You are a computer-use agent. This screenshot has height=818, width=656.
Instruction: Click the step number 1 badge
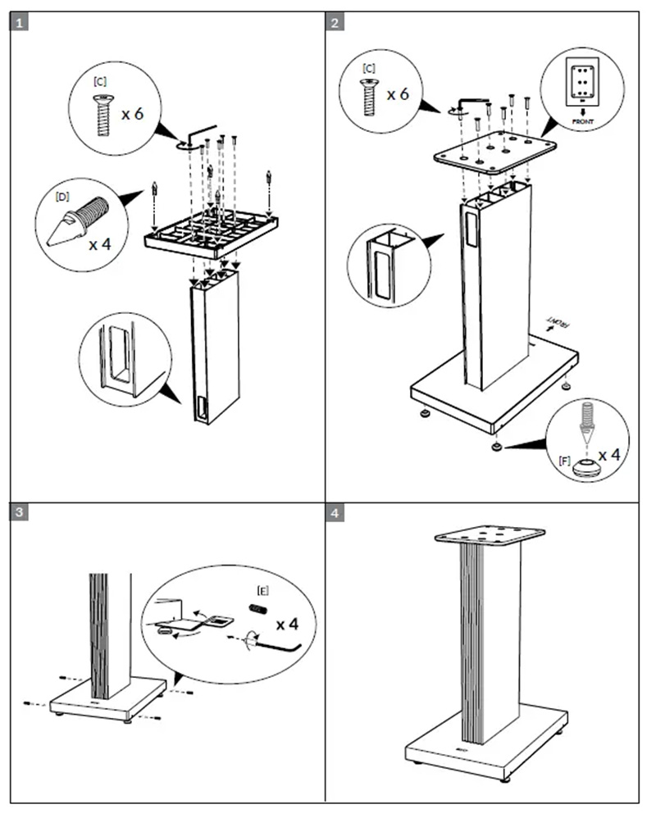pyautogui.click(x=20, y=22)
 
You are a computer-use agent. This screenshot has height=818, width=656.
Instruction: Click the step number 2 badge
pyautogui.click(x=335, y=22)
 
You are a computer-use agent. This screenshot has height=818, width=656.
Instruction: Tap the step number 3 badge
pyautogui.click(x=20, y=513)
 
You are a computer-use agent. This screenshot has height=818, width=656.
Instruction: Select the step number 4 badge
pyautogui.click(x=335, y=513)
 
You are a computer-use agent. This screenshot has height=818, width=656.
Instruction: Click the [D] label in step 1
pyautogui.click(x=61, y=197)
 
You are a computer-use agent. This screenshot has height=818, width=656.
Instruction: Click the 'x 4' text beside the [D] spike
pyautogui.click(x=101, y=243)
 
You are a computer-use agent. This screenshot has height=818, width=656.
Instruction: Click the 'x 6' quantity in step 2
pyautogui.click(x=398, y=93)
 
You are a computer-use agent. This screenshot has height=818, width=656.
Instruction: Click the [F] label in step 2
pyautogui.click(x=563, y=461)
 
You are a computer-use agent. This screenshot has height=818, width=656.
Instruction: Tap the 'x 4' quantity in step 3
pyautogui.click(x=286, y=625)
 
